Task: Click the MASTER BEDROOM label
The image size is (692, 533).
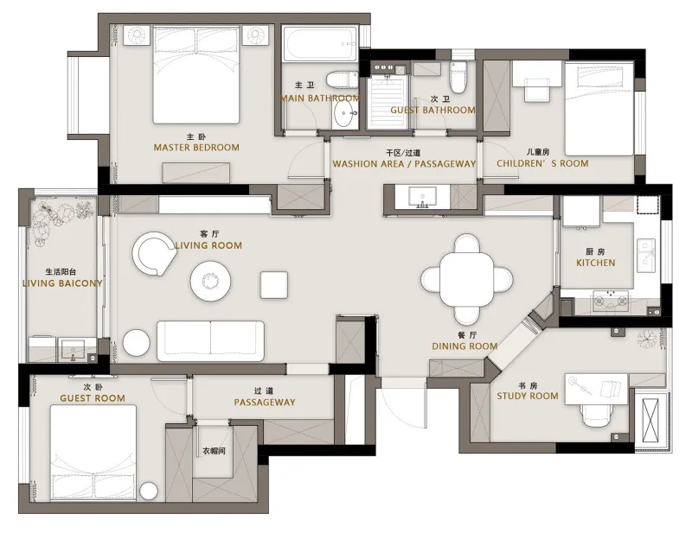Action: click(x=196, y=147)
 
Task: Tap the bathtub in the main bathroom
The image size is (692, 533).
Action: click(x=320, y=44)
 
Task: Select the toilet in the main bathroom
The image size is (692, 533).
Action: click(x=342, y=79)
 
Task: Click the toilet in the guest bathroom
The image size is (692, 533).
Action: click(x=458, y=77)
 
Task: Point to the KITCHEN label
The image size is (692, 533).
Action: click(x=595, y=263)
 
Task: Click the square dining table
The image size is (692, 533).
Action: click(x=466, y=279)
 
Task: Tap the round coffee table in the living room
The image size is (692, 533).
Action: click(x=210, y=281)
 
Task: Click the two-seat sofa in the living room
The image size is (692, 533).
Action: click(x=210, y=340)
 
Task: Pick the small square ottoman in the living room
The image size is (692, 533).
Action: click(x=274, y=285)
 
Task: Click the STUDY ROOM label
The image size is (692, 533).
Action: click(x=528, y=396)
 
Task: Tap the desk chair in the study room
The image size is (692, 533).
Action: click(x=597, y=415)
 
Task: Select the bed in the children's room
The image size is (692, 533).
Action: click(x=599, y=109)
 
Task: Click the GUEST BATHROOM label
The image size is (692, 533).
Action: click(x=433, y=110)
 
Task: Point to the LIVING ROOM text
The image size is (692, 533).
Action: click(x=208, y=245)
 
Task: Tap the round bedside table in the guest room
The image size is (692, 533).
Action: click(x=149, y=492)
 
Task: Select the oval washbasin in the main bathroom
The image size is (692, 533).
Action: click(x=344, y=115)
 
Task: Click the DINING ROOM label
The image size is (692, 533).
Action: click(x=465, y=346)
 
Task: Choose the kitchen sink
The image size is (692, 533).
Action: click(x=646, y=254)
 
